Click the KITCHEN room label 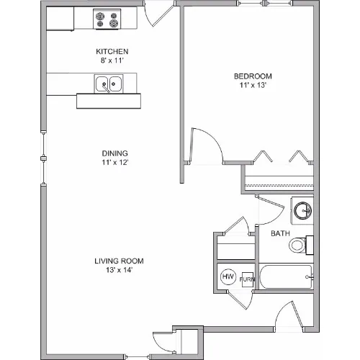[x=112, y=51]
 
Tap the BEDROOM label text [x=253, y=76]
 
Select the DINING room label [x=115, y=153]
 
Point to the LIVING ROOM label [x=119, y=261]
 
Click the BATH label [x=280, y=233]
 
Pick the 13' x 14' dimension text [x=120, y=270]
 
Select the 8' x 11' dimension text [x=112, y=60]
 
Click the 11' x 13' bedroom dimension [x=253, y=85]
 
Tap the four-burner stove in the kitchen [x=107, y=19]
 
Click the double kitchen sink [x=109, y=84]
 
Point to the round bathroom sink [x=303, y=210]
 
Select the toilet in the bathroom [x=301, y=245]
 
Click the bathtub [x=287, y=276]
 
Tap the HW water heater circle [x=228, y=276]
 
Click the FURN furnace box [x=248, y=279]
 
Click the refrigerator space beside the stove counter [x=60, y=19]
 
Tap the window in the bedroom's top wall [x=265, y=4]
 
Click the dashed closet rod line [x=279, y=185]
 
